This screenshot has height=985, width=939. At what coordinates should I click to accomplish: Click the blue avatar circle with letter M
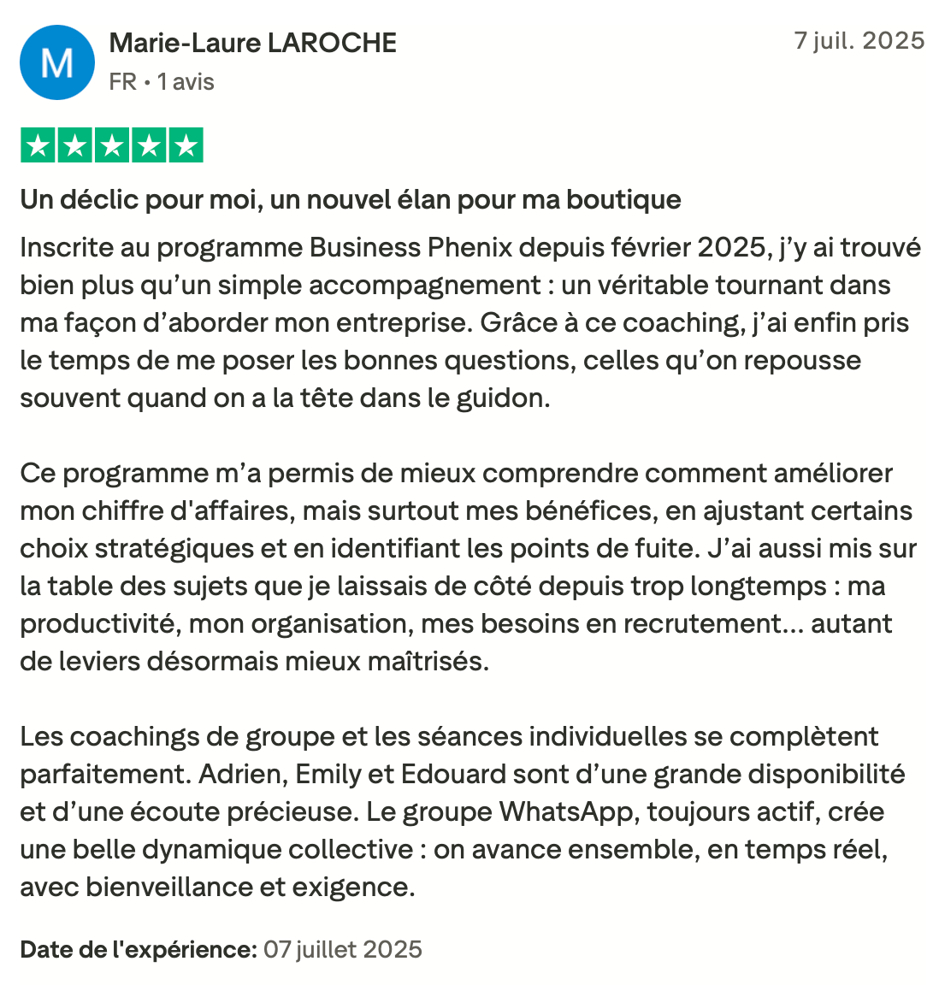[x=57, y=62]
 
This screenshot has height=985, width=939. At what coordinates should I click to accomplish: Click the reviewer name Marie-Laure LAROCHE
[x=253, y=43]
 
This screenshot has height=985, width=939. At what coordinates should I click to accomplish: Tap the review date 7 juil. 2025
[x=859, y=41]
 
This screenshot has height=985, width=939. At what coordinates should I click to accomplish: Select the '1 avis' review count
[x=186, y=82]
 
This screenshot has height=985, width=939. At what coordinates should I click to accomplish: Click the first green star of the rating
[x=38, y=145]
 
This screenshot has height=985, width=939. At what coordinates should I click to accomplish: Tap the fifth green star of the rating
[x=185, y=145]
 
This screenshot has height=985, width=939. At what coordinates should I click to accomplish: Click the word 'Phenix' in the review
[x=469, y=248]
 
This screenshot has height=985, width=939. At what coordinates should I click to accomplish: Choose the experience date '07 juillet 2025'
[x=343, y=950]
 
